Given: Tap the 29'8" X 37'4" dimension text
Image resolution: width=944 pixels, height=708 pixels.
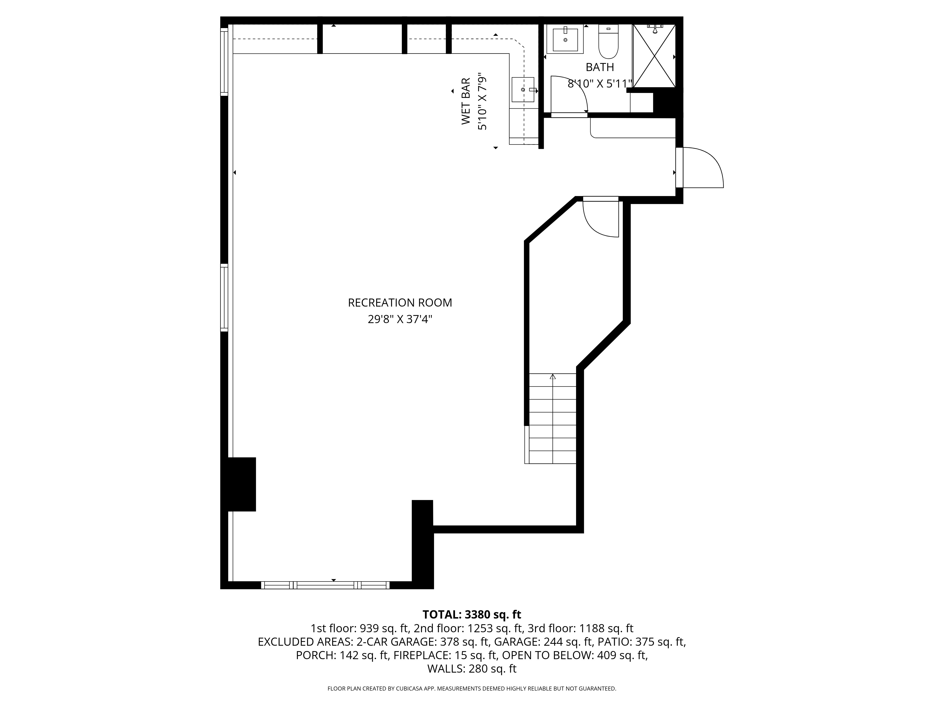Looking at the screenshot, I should click(x=400, y=319).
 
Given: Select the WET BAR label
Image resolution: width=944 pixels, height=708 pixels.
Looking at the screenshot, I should click(x=466, y=101).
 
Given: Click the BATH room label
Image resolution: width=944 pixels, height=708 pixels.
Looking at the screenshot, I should click(x=600, y=67).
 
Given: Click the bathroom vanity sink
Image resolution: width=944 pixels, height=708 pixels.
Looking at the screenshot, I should click(x=565, y=39).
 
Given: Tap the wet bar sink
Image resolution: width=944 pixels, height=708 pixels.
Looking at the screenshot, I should click(x=523, y=90).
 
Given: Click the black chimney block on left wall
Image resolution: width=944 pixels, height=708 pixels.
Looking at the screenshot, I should click(x=241, y=484).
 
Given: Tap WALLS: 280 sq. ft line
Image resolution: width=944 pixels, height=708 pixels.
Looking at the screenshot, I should click(x=472, y=669).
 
